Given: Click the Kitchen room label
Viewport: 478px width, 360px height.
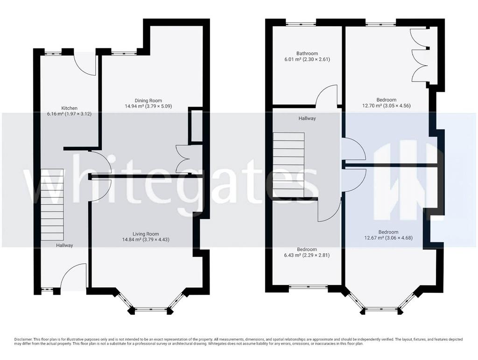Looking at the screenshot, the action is pyautogui.click(x=70, y=108).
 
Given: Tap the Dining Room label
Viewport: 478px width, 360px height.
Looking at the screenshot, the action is pyautogui.click(x=148, y=101).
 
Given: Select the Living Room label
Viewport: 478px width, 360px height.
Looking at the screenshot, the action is pyautogui.click(x=146, y=234).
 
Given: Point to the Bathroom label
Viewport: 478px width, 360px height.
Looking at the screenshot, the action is pyautogui.click(x=307, y=53).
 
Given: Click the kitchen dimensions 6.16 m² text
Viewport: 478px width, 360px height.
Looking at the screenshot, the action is pyautogui.click(x=69, y=114).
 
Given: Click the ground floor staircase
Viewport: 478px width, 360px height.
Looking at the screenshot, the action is pyautogui.click(x=52, y=205).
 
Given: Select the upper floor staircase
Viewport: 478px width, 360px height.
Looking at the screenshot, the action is pyautogui.click(x=288, y=165).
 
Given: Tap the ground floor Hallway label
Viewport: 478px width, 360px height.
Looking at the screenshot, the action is pyautogui.click(x=64, y=245).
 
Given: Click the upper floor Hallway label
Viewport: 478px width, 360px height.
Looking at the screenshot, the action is pyautogui.click(x=307, y=118).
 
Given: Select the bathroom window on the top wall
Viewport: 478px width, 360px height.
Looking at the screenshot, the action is pyautogui.click(x=301, y=23).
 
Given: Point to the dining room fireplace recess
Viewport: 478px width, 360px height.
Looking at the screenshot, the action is pyautogui.click(x=197, y=125).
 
